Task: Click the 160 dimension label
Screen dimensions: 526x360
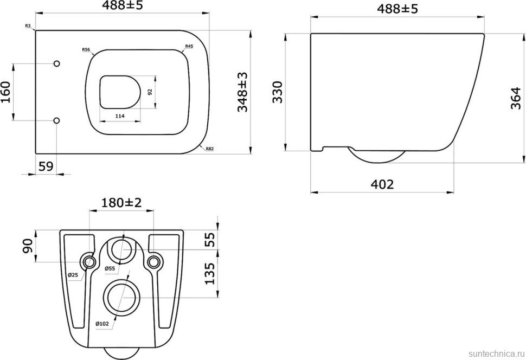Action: click(x=7, y=92)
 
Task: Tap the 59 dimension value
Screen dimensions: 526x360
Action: click(x=46, y=166)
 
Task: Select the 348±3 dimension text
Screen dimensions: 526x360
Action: click(x=242, y=92)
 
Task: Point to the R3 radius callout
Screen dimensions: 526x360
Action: click(x=28, y=25)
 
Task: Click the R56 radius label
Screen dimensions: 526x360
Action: click(x=86, y=50)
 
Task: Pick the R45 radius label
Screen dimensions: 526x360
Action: click(x=189, y=46)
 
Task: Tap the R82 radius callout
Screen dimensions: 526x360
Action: click(x=210, y=149)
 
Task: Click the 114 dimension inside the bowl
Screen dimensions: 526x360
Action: click(x=120, y=116)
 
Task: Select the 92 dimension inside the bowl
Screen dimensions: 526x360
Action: click(x=150, y=92)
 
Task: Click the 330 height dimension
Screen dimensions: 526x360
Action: click(x=278, y=92)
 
